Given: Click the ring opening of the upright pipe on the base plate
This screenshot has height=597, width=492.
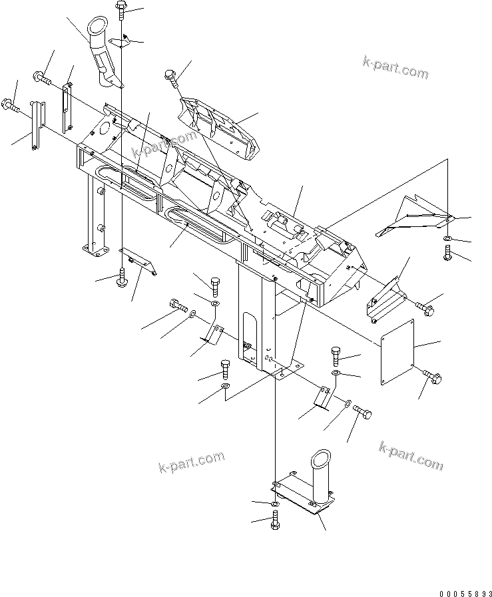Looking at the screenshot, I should pyautogui.click(x=320, y=459).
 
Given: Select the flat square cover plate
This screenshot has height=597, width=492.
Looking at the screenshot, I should pyautogui.click(x=397, y=351).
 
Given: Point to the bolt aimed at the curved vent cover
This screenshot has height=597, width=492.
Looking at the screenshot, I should pyautogui.click(x=170, y=79).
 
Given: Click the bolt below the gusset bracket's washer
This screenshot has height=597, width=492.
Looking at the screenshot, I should pyautogui.click(x=448, y=252).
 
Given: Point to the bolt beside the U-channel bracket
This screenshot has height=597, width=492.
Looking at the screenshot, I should pyautogui.click(x=425, y=307).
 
